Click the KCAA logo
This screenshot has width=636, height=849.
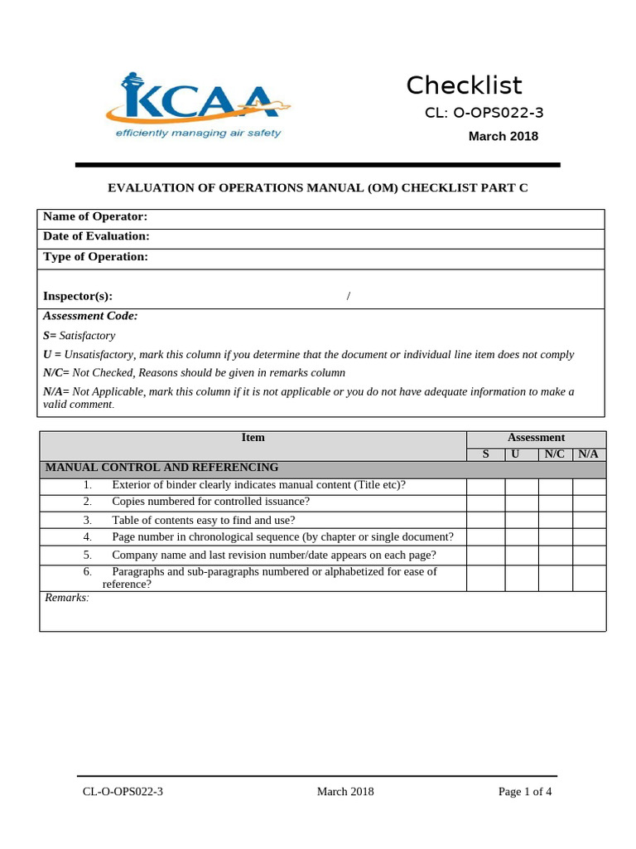point(198,106)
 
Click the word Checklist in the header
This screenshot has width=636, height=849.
point(464,85)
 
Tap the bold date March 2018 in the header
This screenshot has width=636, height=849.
point(503,136)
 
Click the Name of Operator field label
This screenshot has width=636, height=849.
point(95,216)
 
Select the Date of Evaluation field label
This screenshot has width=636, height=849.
point(96,236)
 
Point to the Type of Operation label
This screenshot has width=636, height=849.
point(95,257)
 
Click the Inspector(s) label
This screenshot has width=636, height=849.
point(78,296)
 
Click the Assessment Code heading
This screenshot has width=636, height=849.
point(90,316)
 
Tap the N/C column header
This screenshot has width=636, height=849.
point(555,454)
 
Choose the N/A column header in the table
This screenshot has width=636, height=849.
point(589,454)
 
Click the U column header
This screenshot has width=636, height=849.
point(515,454)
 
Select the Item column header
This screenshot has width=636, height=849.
point(253,438)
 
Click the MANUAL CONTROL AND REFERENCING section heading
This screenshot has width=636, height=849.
point(161,468)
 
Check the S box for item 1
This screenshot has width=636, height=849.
point(485,486)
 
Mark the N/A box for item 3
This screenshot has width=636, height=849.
point(589,520)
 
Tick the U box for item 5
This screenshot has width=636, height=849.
point(522,555)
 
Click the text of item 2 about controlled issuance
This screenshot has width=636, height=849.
point(210,502)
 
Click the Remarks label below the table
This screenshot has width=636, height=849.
point(66,598)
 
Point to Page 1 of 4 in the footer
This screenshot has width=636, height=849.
point(524,792)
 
